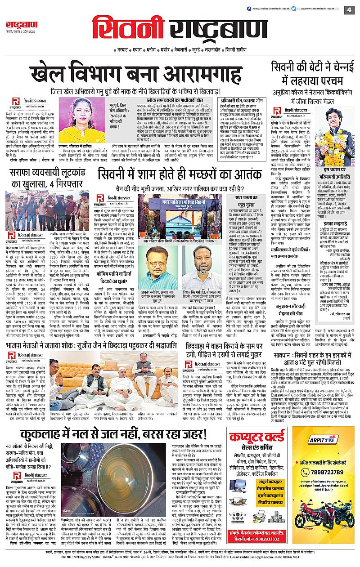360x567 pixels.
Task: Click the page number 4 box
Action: pyautogui.click(x=349, y=9)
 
